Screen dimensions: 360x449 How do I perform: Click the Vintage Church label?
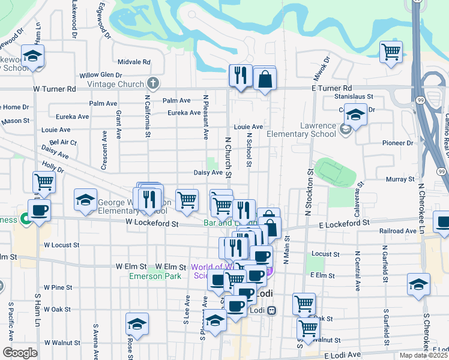115,83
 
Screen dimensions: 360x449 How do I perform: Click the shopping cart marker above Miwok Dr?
391,52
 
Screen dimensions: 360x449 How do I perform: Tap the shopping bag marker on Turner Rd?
265,78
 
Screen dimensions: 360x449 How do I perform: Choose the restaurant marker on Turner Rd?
240,75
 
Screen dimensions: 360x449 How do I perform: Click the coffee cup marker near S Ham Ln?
39,210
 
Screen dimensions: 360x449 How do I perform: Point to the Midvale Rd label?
134,62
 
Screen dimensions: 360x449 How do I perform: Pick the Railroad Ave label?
397,230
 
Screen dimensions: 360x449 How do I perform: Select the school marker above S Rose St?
137,324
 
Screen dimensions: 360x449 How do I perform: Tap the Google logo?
19,353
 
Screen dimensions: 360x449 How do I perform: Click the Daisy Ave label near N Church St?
208,172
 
